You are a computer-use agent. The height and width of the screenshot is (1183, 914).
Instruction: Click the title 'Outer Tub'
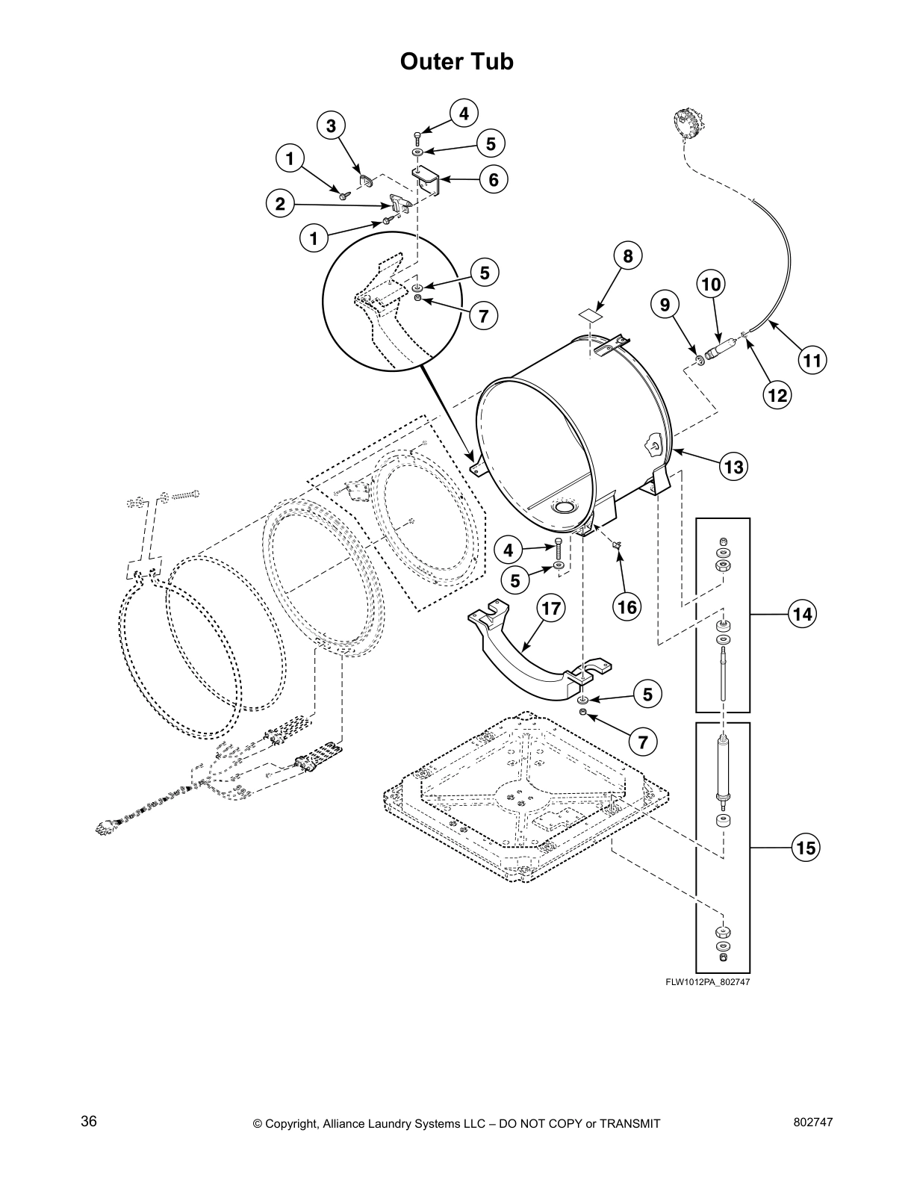[x=456, y=61]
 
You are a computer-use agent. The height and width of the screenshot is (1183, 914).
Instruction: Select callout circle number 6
[x=493, y=179]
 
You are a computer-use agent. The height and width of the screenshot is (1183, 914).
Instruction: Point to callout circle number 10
[x=712, y=285]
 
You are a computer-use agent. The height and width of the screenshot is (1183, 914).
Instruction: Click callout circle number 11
[x=812, y=361]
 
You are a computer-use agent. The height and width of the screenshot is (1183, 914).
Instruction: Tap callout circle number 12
[x=777, y=394]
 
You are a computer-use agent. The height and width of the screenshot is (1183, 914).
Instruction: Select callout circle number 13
[x=733, y=468]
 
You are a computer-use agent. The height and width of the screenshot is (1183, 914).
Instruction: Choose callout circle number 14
[x=802, y=614]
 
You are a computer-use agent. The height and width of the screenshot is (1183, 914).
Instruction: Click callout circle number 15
[x=805, y=848]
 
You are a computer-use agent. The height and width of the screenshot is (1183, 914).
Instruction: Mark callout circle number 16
[x=627, y=607]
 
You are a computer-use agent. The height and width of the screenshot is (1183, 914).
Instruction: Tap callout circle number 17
[x=550, y=609]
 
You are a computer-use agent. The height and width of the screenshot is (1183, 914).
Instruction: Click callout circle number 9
[x=664, y=304]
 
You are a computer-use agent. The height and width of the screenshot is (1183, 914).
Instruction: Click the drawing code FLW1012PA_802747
[x=707, y=982]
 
